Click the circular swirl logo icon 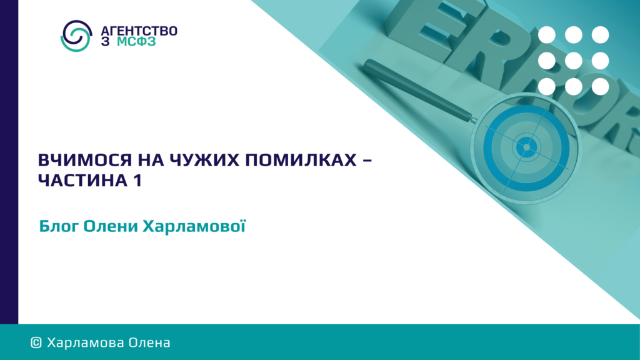click(x=76, y=36)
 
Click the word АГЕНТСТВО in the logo click(x=139, y=31)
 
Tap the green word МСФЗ click(x=136, y=42)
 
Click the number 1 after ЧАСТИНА click(x=137, y=181)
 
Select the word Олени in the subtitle click(x=111, y=226)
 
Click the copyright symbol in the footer click(x=36, y=342)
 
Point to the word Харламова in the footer click(x=85, y=342)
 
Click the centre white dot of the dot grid click(x=574, y=61)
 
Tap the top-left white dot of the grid click(x=546, y=35)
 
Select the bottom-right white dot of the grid click(x=601, y=86)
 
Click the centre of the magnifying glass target click(x=526, y=147)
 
